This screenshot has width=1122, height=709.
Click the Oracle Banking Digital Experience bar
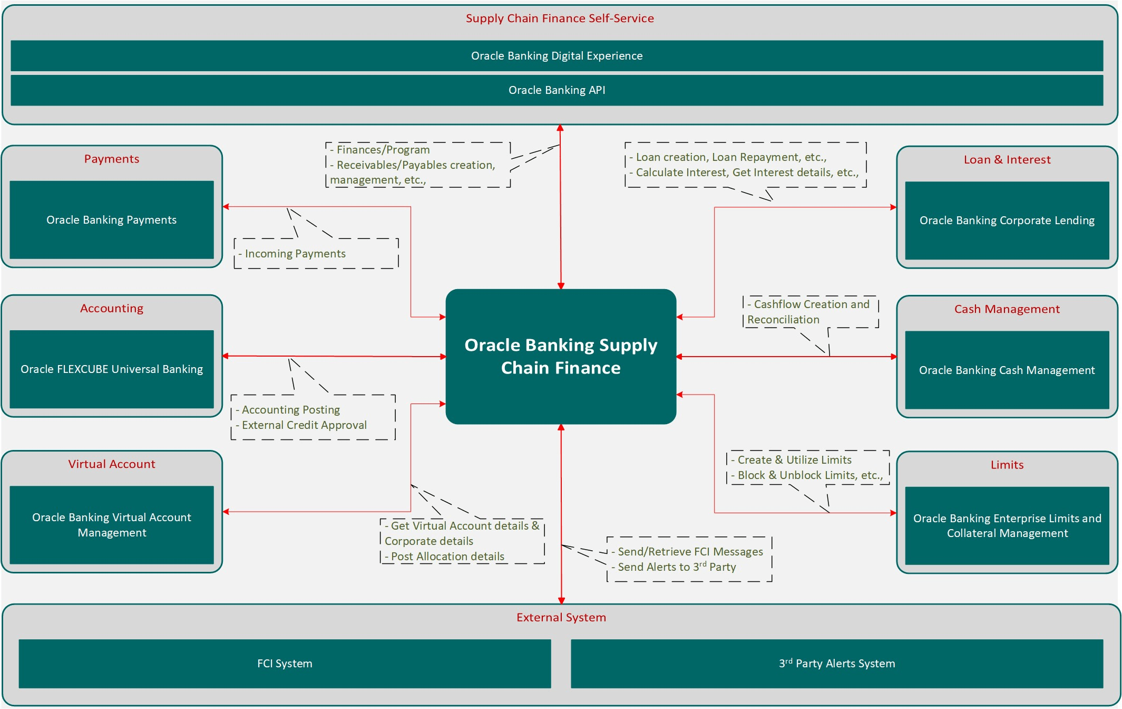557,56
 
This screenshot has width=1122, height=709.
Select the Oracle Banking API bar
557,90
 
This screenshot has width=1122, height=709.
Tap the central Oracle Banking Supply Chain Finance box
561,357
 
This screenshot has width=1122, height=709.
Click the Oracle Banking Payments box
112,220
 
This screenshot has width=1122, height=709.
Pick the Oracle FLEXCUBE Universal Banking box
112,369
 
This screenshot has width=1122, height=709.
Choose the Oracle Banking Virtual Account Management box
112,525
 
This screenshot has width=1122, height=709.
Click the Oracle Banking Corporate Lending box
1007,221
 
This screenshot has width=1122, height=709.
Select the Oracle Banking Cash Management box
1007,370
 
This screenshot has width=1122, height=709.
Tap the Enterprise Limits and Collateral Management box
1007,526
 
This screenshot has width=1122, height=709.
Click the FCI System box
285,664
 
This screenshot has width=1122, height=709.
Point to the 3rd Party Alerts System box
837,664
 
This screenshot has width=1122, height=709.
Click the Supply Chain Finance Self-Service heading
560,18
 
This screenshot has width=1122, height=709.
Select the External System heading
561,617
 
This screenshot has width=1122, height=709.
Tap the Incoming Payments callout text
295,254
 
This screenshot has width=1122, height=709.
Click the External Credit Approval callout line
304,425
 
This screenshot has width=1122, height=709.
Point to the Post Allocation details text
447,557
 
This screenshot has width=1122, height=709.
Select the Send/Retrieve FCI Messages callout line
690,552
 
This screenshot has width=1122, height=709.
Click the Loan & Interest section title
1007,160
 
